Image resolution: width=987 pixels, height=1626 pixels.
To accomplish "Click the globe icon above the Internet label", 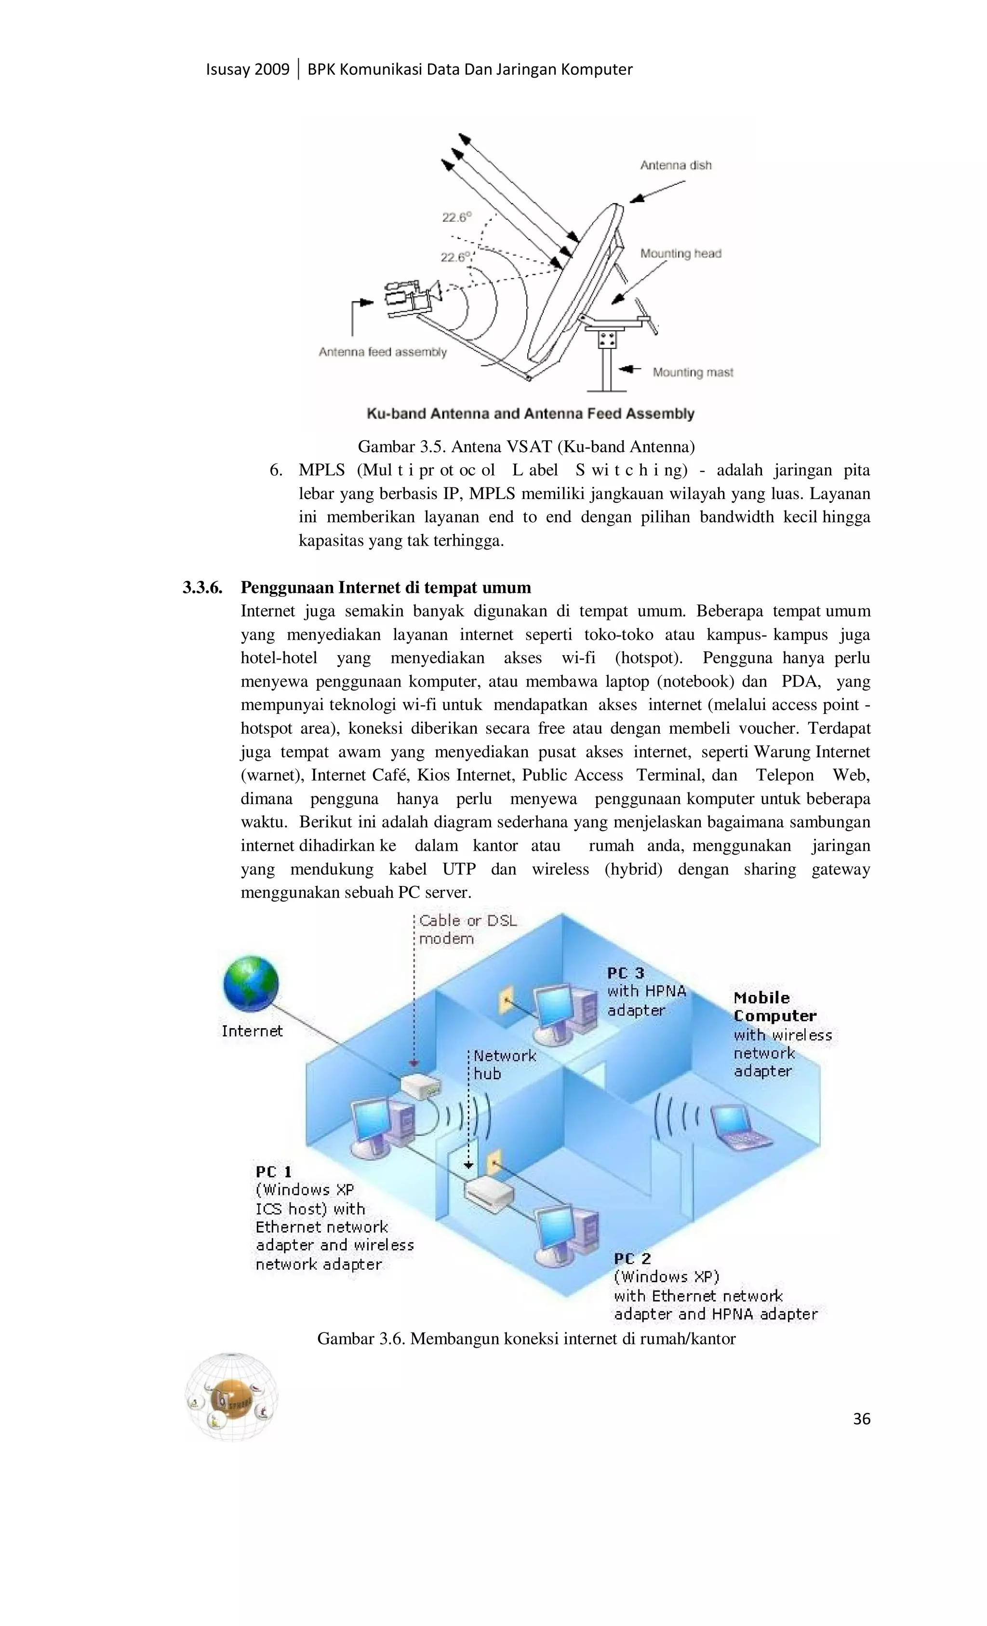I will pos(251,984).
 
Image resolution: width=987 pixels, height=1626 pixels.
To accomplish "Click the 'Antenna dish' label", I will pos(676,165).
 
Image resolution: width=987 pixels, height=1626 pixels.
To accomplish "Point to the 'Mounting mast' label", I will pos(693,372).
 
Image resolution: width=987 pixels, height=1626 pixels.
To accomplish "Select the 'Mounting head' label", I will pos(680,254).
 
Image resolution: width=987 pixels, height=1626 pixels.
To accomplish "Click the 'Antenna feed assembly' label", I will pos(382,352).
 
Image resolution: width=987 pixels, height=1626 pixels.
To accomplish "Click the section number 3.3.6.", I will pos(202,587).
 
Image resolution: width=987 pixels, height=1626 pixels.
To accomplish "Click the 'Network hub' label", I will pos(505,1064).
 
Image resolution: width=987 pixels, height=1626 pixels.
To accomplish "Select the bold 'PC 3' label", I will pos(625,973).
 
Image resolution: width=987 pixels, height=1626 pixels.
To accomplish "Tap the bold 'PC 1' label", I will pos(274,1171).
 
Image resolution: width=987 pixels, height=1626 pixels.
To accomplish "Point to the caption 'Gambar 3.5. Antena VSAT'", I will pos(526,447).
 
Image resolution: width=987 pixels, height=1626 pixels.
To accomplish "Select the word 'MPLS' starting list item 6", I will pos(322,470).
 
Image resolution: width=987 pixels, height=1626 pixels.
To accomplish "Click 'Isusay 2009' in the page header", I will pos(247,69).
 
